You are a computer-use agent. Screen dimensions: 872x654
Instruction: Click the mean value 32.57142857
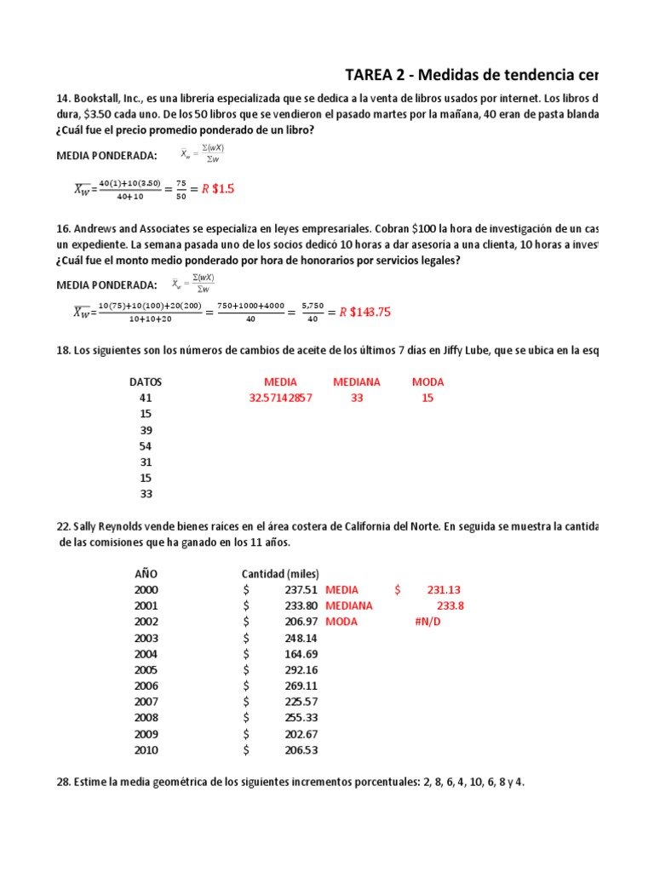[280, 398]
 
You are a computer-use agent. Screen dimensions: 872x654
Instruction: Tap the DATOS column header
[146, 381]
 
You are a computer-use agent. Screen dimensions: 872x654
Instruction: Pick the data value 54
[146, 446]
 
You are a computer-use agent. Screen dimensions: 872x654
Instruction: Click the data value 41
[146, 398]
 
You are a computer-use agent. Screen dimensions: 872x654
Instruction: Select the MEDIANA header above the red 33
[357, 381]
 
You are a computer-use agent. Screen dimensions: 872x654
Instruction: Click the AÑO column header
[146, 573]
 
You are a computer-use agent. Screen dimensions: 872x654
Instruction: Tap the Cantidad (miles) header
[281, 573]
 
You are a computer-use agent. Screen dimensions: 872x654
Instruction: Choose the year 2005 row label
[146, 669]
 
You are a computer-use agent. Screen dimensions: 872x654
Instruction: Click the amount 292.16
[301, 669]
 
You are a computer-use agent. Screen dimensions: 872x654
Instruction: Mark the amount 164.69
[301, 654]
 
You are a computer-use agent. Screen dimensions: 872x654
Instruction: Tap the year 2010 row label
[146, 750]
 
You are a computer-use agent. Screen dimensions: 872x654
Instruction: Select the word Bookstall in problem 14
[98, 100]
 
